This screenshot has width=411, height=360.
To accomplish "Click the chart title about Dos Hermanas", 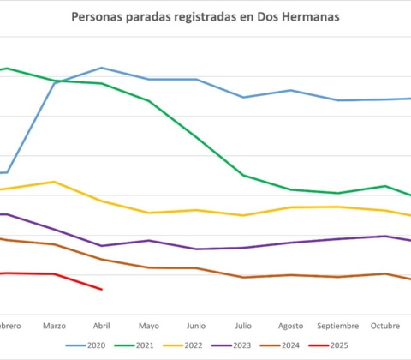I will [x=205, y=17].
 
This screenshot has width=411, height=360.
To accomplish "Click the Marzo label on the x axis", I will [x=54, y=326].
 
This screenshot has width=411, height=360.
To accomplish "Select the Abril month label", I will [x=101, y=326].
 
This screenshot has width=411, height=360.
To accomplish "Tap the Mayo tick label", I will [x=149, y=326].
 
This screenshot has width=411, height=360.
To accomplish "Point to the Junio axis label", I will [x=196, y=326].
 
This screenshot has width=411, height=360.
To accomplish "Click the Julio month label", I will [x=243, y=326].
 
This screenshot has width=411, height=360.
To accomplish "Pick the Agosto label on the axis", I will [x=291, y=326].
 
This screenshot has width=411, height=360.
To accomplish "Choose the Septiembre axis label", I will [x=338, y=326].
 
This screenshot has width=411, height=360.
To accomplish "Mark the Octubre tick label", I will [x=385, y=326].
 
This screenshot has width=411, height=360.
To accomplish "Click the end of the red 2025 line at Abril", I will [x=102, y=289].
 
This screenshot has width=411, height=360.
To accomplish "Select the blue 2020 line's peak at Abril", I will [x=102, y=68].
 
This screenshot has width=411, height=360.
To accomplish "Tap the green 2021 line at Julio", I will [x=244, y=176].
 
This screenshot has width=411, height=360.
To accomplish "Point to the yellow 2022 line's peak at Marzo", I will [x=55, y=182].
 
